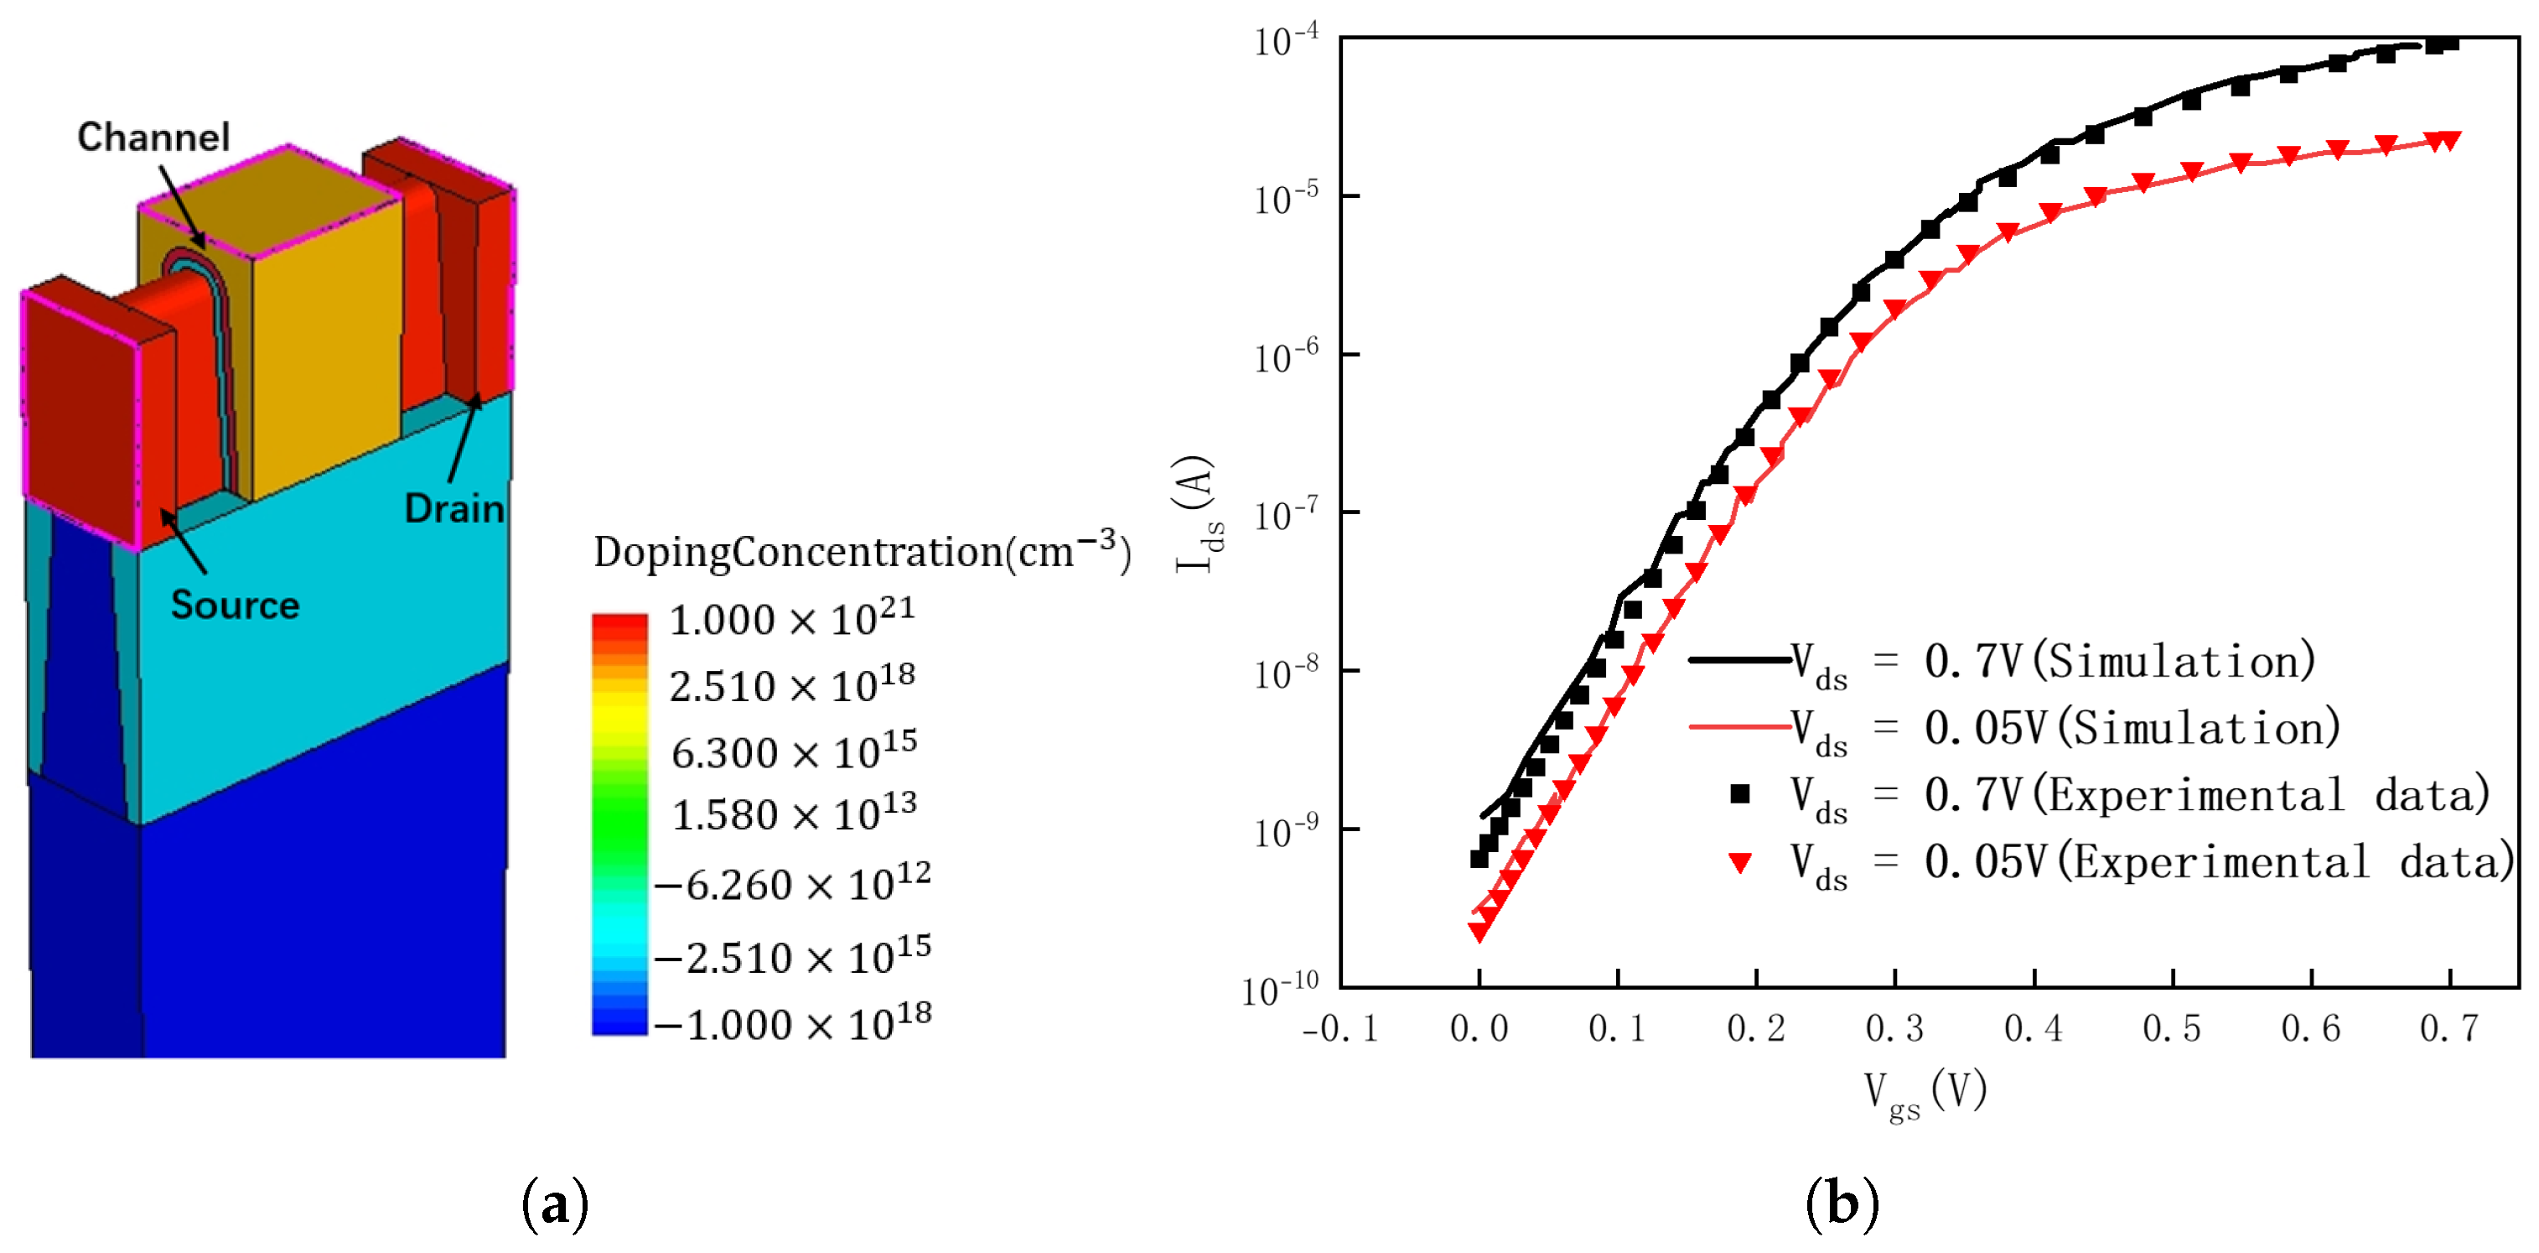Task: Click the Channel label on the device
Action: (x=153, y=137)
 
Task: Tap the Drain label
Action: (x=453, y=509)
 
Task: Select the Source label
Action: (x=235, y=605)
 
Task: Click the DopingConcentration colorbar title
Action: (x=862, y=551)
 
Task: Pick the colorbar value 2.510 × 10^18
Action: (x=791, y=684)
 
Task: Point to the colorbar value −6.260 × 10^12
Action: (x=791, y=883)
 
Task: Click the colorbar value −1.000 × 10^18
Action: (x=791, y=1023)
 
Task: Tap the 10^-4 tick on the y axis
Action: (x=1285, y=41)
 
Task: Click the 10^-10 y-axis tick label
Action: (x=1279, y=989)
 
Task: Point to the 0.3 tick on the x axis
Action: (x=1894, y=1028)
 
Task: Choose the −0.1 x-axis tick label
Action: (x=1339, y=1028)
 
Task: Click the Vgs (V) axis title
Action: (x=1924, y=1092)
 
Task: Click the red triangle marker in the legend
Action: (x=1739, y=864)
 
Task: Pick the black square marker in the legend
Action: (x=1739, y=793)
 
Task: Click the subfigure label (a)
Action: (x=555, y=1203)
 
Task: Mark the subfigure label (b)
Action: (x=1841, y=1203)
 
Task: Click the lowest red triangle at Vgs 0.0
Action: (x=1479, y=931)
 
